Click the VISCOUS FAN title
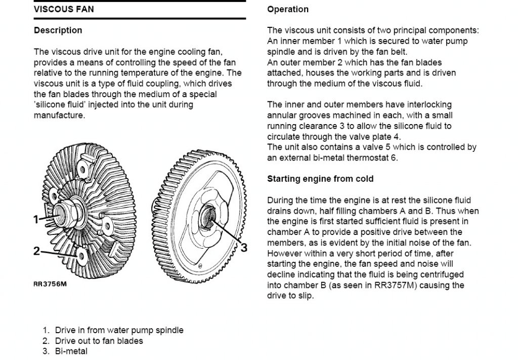tap(64, 9)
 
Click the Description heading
tap(58, 30)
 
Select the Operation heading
tap(288, 9)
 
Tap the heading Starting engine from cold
tap(320, 179)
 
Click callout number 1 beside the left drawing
tap(36, 219)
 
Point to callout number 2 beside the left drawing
tap(36, 251)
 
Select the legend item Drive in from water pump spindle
tap(119, 330)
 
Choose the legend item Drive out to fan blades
tap(99, 341)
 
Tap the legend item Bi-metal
tap(71, 351)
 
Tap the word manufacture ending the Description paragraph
tap(59, 115)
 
